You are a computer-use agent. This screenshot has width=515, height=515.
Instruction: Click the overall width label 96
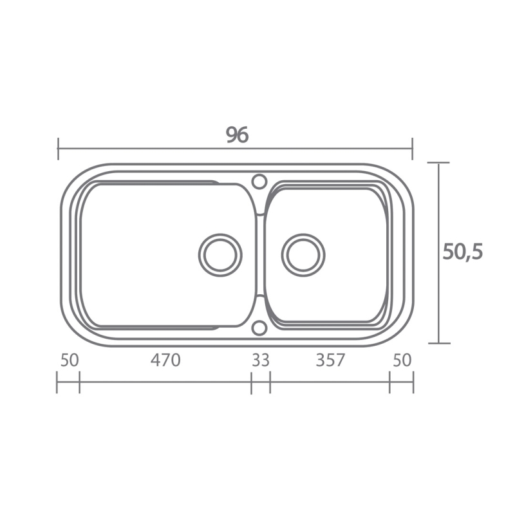pyautogui.click(x=238, y=135)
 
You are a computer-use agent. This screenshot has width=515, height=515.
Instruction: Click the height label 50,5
pyautogui.click(x=463, y=252)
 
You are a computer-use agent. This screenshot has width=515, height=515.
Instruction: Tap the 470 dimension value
pyautogui.click(x=165, y=360)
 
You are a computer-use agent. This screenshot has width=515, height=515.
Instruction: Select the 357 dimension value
pyautogui.click(x=330, y=360)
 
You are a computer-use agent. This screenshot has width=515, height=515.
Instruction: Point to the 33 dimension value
pyautogui.click(x=261, y=360)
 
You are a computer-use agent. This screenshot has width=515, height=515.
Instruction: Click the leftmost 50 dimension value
pyautogui.click(x=70, y=360)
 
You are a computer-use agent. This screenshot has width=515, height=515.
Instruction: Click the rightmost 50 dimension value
pyautogui.click(x=402, y=360)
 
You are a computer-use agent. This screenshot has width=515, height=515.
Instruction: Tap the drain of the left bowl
pyautogui.click(x=220, y=255)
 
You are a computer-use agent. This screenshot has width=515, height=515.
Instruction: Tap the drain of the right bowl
pyautogui.click(x=303, y=255)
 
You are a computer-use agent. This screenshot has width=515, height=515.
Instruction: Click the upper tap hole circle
pyautogui.click(x=259, y=182)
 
